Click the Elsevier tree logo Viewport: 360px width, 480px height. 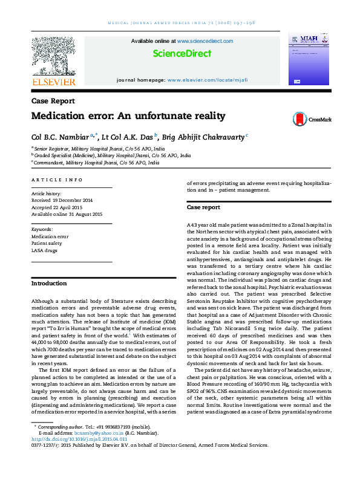[x=53, y=56]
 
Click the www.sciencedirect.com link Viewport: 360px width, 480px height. [x=205, y=41]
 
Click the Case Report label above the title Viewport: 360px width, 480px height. [x=53, y=101]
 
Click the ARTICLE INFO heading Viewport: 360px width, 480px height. [x=56, y=180]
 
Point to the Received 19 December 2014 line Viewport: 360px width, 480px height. [x=62, y=199]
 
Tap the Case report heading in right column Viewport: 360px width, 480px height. [x=203, y=207]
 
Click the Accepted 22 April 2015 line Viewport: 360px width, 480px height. [x=58, y=207]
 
